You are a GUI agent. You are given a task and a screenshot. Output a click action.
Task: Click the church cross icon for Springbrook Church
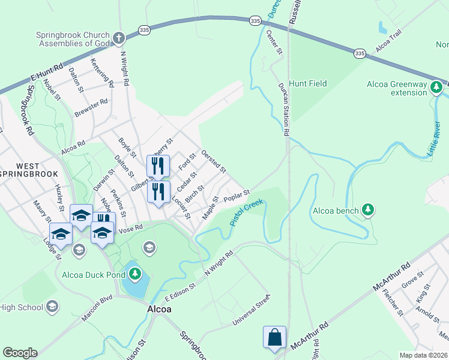(x=119, y=38)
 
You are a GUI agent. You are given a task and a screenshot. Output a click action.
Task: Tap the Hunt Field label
(x=308, y=83)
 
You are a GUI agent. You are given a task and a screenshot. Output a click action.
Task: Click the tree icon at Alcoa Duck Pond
(x=135, y=275)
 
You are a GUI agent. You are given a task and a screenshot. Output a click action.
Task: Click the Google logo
(x=20, y=353)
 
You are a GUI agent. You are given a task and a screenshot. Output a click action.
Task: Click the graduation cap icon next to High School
(x=52, y=307)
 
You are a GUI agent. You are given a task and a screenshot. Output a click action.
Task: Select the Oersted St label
(x=214, y=161)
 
